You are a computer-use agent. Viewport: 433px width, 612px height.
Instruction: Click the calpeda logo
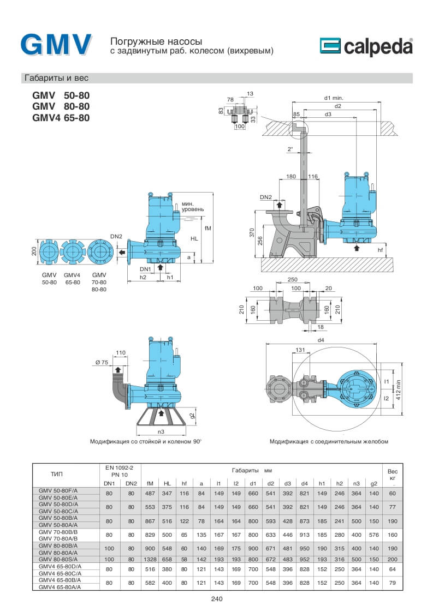pos(366,47)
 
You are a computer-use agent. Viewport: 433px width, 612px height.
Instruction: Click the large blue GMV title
pos(56,44)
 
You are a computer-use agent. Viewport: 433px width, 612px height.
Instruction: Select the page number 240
pos(217,599)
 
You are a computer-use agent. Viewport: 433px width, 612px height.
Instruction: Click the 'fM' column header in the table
pos(150,483)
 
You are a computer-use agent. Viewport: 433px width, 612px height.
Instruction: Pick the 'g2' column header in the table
pos(374,483)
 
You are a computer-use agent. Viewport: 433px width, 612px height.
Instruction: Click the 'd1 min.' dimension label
pos(333,98)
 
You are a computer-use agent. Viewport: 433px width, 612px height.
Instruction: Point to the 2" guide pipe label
pos(290,148)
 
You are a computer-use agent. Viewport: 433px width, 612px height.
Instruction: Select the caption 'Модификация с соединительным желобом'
pos(329,441)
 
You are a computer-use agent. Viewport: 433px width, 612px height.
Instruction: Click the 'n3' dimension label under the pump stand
pos(161,431)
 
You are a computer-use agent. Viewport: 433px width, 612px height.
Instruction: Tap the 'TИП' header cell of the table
pos(64,474)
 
